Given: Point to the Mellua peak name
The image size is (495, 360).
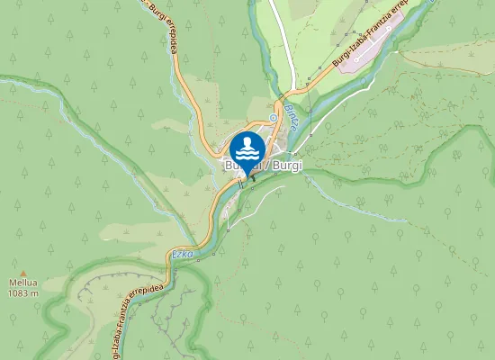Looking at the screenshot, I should point(23,283).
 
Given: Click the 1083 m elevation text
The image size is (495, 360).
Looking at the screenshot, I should point(23,293).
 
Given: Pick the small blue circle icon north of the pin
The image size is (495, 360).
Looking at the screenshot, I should point(273,117).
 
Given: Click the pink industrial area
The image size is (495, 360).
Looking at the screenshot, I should point(378,45).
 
